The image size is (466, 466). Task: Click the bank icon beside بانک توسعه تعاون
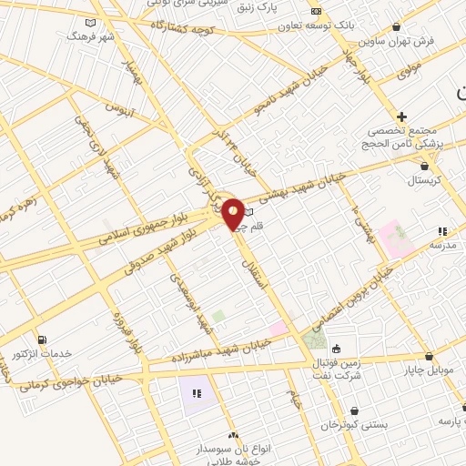click(316, 11)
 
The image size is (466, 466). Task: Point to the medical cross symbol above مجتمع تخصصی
click(401, 116)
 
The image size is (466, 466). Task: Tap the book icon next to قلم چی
click(248, 212)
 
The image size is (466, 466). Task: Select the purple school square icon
click(197, 393)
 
